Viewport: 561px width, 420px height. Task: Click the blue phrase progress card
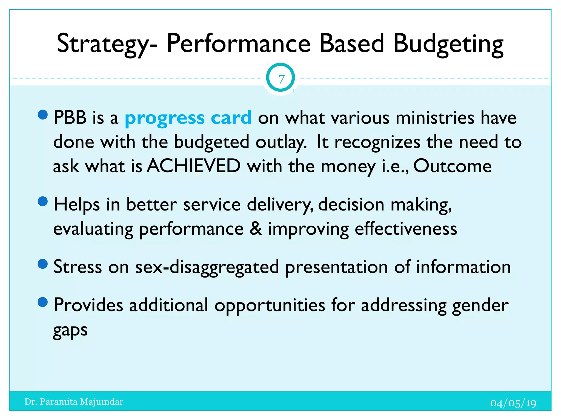point(188,118)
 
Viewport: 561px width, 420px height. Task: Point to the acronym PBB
point(70,118)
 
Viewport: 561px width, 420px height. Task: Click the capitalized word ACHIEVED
point(194,166)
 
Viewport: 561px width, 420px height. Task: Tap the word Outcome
point(452,166)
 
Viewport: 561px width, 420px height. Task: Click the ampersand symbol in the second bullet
point(256,229)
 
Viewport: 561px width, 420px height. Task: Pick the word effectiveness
point(406,229)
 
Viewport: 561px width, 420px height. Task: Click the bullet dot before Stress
point(43,264)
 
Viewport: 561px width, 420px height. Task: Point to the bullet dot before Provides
point(43,302)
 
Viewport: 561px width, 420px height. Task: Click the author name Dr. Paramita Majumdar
point(74,402)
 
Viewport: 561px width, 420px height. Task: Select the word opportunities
point(270,305)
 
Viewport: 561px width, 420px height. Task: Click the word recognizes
point(377,142)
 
